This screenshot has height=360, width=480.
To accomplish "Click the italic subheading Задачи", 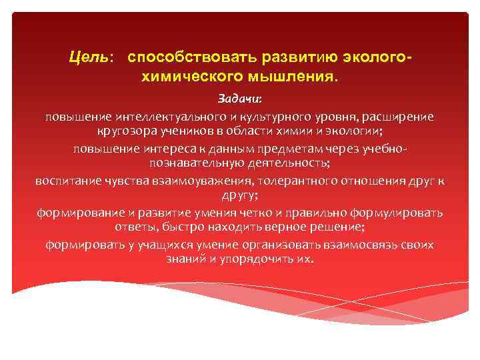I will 240,99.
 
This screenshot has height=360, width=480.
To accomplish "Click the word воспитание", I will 66,180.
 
